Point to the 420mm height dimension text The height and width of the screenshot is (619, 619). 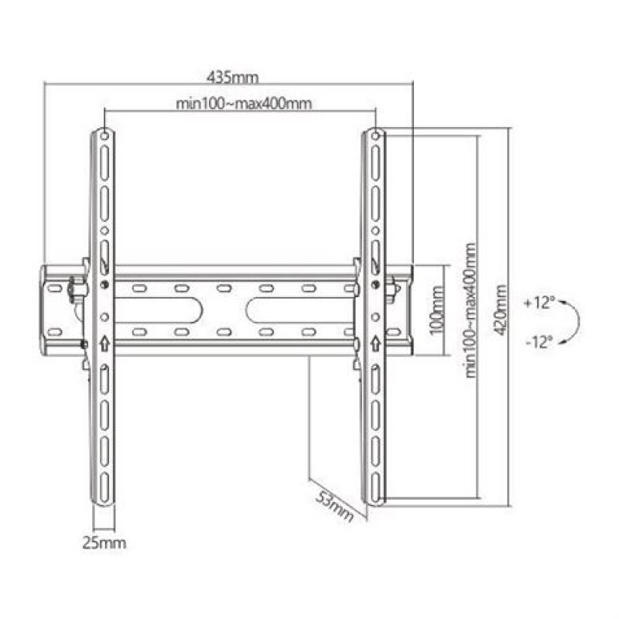[503, 309]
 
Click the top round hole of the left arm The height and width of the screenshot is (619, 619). [103, 137]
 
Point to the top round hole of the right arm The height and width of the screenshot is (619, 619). [374, 137]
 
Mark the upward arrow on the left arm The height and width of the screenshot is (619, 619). [104, 341]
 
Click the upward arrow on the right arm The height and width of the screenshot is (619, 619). [374, 341]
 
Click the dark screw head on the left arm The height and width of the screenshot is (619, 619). [104, 284]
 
